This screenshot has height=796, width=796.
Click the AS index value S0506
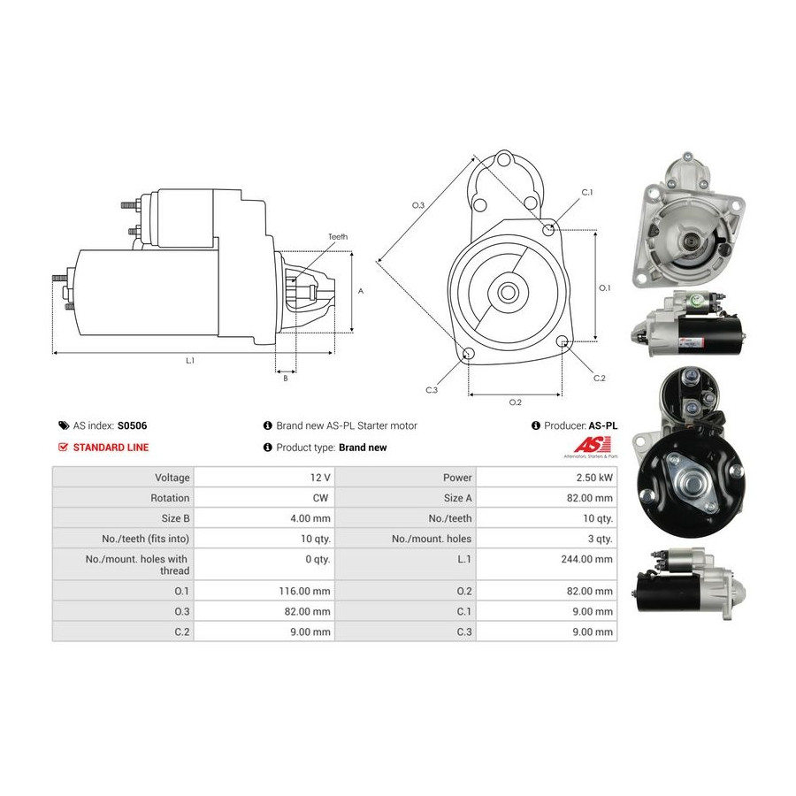(x=132, y=425)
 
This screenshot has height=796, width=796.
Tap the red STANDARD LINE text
(x=111, y=448)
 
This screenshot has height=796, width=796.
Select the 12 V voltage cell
(x=320, y=478)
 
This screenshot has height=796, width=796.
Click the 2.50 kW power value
(x=594, y=478)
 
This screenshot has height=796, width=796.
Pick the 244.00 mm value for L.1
(x=587, y=559)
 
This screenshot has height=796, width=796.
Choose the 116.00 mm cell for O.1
(x=304, y=591)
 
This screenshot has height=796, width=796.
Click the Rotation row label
(x=170, y=498)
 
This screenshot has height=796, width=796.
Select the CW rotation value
(x=320, y=498)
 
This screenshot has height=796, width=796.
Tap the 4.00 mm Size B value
(x=310, y=518)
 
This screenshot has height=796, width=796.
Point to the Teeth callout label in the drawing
(x=338, y=236)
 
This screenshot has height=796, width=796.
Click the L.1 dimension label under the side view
(x=190, y=361)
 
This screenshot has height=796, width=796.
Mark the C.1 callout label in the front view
(x=587, y=193)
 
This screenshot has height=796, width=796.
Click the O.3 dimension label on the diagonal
(x=417, y=205)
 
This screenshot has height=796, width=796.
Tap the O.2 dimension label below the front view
(x=516, y=402)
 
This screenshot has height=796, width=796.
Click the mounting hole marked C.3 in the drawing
(x=469, y=353)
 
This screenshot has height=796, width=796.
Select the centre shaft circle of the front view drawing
(x=506, y=292)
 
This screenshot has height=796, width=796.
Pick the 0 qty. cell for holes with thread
(x=318, y=559)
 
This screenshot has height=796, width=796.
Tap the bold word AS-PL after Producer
(x=603, y=425)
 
